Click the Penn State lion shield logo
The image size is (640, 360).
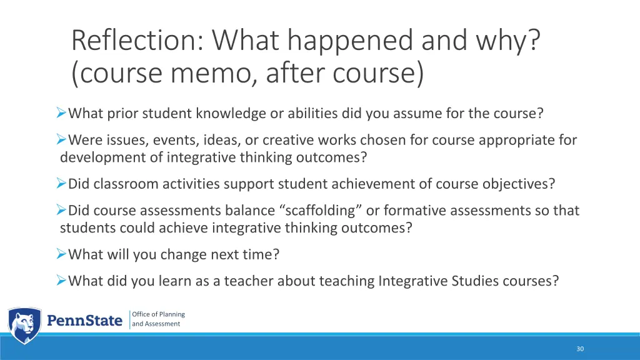pyautogui.click(x=24, y=325)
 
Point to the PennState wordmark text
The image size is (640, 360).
pyautogui.click(x=85, y=321)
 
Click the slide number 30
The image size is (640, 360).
pyautogui.click(x=580, y=349)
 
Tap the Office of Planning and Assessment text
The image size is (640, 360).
pyautogui.click(x=158, y=319)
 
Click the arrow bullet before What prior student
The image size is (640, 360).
pyautogui.click(x=61, y=113)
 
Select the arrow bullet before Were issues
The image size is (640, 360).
pyautogui.click(x=61, y=139)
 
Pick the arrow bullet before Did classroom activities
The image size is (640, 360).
pyautogui.click(x=61, y=184)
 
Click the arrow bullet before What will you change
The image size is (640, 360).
pyautogui.click(x=61, y=254)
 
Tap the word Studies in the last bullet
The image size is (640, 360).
pyautogui.click(x=479, y=281)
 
